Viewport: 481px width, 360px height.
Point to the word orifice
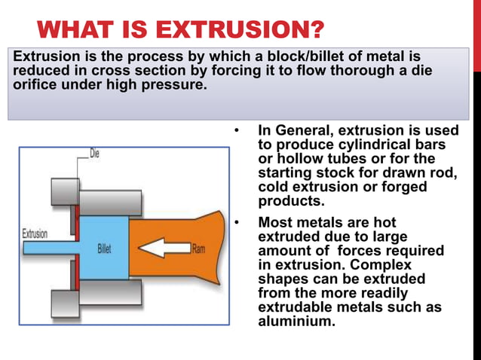36,84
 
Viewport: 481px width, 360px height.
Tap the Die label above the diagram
95,154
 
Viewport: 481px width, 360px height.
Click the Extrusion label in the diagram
35,233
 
